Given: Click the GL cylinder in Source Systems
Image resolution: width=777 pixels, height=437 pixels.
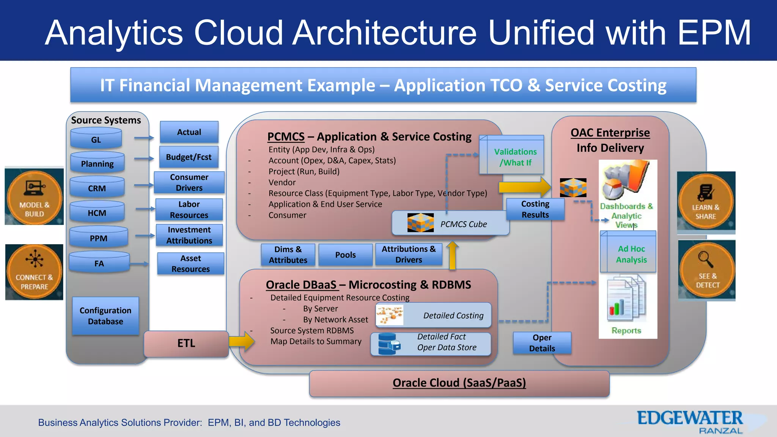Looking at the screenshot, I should coord(96,139).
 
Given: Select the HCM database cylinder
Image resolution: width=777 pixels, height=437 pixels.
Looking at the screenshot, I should coord(97,212).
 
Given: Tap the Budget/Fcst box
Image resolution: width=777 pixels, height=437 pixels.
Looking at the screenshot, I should coord(189,157).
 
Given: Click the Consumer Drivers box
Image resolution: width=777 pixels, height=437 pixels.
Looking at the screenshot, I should coord(189,182).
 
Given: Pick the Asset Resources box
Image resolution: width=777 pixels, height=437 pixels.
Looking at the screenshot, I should coord(190,264).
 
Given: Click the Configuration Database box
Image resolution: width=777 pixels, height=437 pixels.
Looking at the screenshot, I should coord(105,316).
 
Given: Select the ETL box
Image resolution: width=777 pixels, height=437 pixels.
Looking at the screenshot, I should coord(186,343).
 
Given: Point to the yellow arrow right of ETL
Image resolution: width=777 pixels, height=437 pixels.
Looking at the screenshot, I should coord(242,341).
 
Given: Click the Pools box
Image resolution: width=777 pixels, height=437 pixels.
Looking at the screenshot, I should coord(345,255).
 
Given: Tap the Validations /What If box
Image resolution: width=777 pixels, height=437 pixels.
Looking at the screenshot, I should coord(514,156).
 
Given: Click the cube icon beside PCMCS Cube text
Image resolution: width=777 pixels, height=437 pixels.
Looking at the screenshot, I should coord(420,223).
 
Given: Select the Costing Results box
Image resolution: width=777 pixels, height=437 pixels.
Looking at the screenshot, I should coord(535,209).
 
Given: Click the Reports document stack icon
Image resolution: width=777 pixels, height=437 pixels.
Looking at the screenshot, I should coord(626,298).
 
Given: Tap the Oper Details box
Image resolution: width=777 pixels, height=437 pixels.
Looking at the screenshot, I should coord(542,343).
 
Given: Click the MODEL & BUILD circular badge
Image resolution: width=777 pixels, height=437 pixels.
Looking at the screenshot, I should coord(35,197).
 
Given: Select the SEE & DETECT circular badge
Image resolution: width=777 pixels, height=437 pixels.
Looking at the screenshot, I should coord(707,270).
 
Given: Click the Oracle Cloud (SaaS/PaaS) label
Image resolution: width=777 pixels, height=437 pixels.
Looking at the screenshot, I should coord(459,383).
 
